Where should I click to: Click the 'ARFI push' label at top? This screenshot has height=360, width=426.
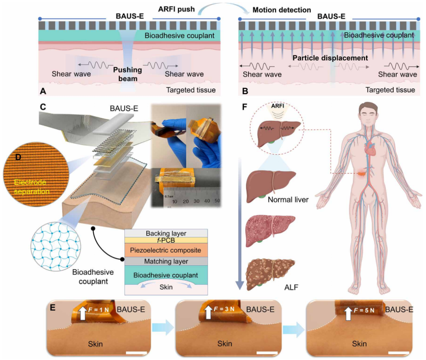[x=176, y=9]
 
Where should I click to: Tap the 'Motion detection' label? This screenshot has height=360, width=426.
[x=282, y=10]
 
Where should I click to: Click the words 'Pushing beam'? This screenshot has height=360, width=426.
[x=127, y=74]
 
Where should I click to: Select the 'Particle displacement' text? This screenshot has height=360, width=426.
[x=330, y=58]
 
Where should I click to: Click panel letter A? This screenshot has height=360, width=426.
[x=43, y=91]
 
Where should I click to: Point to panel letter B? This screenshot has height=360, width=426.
[x=245, y=91]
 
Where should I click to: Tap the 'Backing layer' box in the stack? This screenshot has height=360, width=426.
[x=166, y=233]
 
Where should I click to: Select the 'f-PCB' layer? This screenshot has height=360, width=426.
[x=166, y=240]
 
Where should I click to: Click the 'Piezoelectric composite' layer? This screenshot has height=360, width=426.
[x=166, y=250]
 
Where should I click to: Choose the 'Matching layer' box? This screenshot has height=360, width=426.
[x=166, y=261]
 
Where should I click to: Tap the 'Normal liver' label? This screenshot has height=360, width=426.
[x=288, y=200]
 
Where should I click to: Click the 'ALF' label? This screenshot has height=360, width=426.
[x=291, y=287]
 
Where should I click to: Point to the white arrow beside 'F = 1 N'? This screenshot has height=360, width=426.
[x=82, y=312]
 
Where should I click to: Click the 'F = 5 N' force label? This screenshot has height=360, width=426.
[x=364, y=310]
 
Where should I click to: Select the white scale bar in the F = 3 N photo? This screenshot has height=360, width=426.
[x=267, y=353]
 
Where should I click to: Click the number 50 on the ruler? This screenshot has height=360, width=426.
[x=217, y=201]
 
